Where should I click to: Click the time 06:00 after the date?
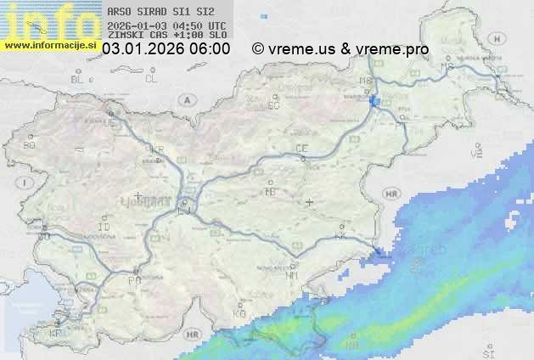click(x=210, y=49)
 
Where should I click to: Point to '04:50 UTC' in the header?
click(x=199, y=25)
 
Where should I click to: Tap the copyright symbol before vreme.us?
click(x=257, y=49)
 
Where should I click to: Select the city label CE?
click(x=301, y=149)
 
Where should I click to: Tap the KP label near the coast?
click(x=55, y=334)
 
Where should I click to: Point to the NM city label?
click(x=292, y=275)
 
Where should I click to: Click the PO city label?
click(x=133, y=280)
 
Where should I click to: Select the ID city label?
click(x=104, y=228)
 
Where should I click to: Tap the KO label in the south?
click(x=239, y=313)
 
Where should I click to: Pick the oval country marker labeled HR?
click(x=391, y=194)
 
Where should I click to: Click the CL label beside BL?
click(x=151, y=79)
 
